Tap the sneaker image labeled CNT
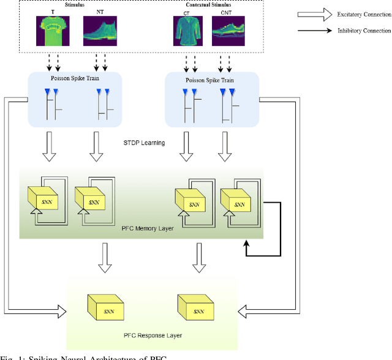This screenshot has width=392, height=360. (227, 29)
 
